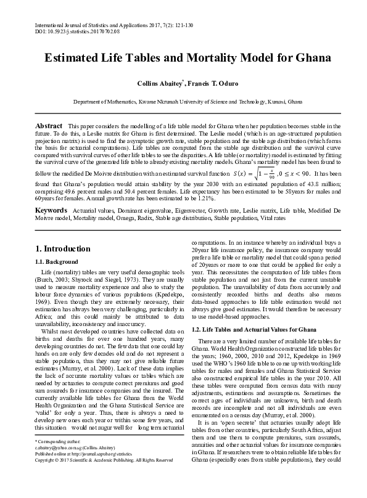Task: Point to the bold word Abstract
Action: point(49,126)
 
